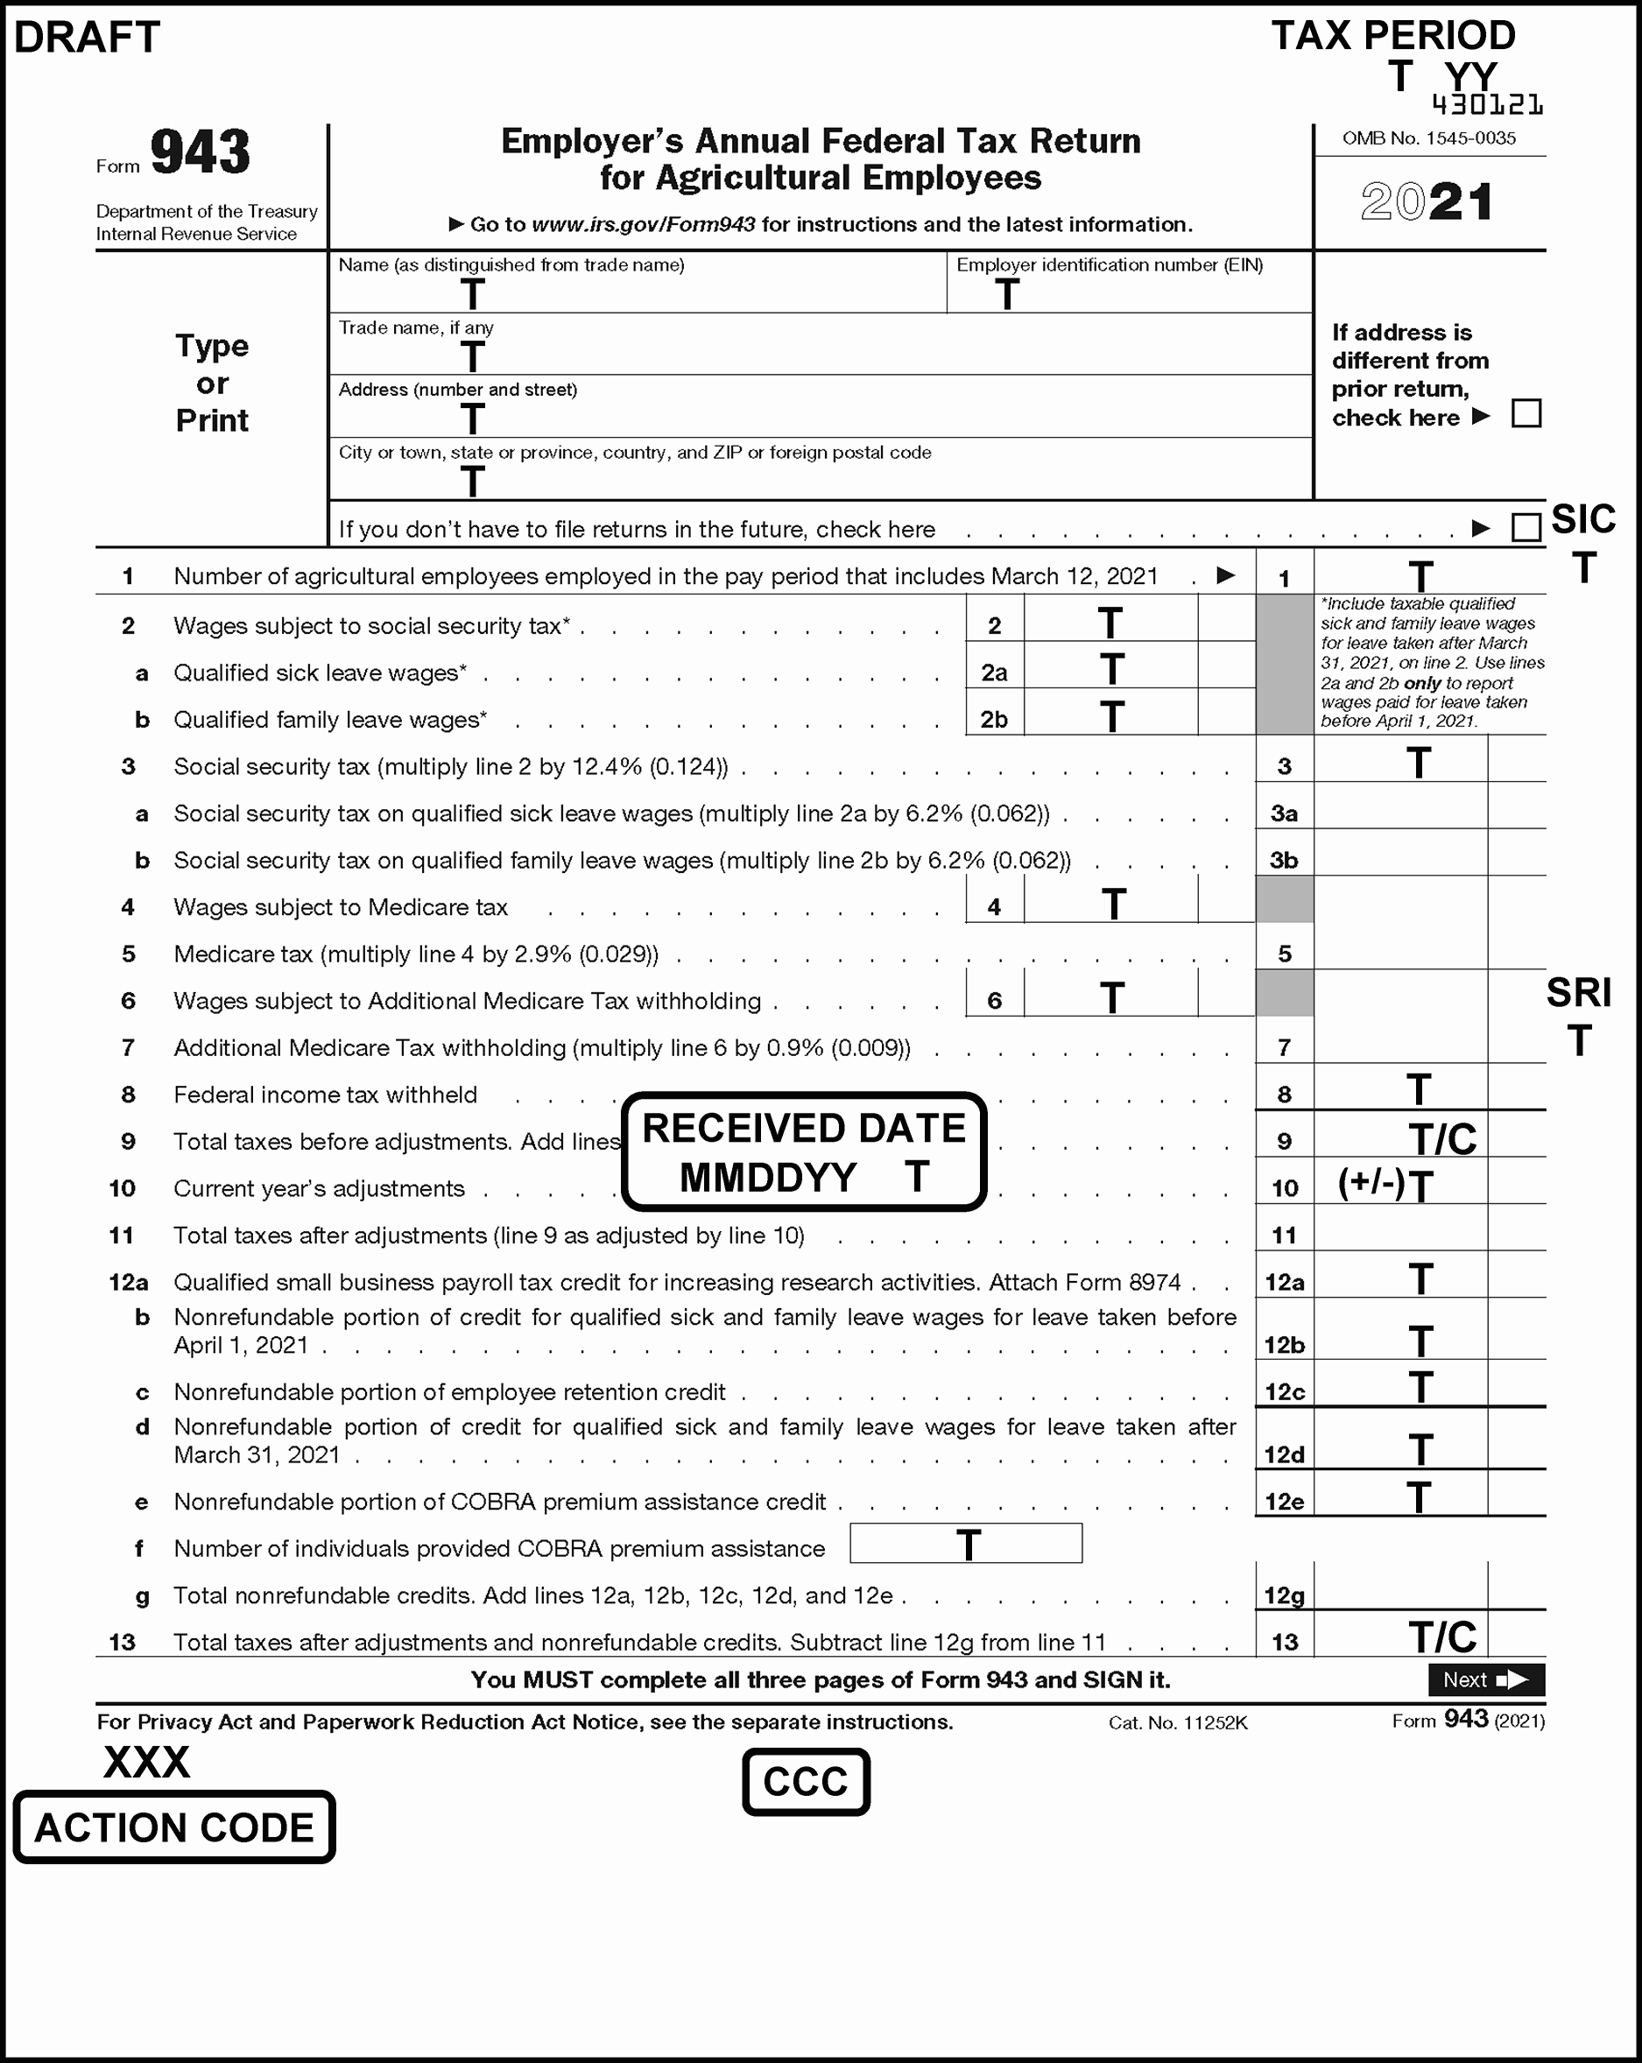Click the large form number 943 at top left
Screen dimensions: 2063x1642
click(x=200, y=153)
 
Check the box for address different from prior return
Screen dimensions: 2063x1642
click(x=1526, y=414)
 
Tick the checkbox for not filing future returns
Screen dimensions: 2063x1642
click(x=1526, y=527)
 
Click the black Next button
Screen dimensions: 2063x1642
click(x=1486, y=1679)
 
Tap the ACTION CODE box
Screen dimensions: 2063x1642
click(x=174, y=1827)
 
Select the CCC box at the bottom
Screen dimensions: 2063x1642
click(x=806, y=1782)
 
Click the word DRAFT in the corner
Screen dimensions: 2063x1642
click(x=87, y=38)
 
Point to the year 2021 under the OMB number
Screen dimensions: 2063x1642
click(x=1427, y=203)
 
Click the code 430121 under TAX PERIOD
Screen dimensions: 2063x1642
click(x=1487, y=104)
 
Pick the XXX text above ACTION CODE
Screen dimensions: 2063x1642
click(x=146, y=1763)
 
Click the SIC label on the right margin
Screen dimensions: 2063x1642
click(x=1582, y=519)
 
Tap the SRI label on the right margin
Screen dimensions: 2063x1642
click(x=1579, y=993)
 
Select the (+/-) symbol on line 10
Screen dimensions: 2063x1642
click(x=1371, y=1185)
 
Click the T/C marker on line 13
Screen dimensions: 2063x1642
click(x=1442, y=1638)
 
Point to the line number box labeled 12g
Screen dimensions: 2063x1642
click(x=1284, y=1595)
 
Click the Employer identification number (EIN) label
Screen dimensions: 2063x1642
click(x=1109, y=265)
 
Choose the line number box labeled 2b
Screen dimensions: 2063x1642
click(x=994, y=720)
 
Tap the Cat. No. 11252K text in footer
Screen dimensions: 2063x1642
click(x=1178, y=1723)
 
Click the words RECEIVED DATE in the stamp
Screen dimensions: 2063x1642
click(x=804, y=1129)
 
